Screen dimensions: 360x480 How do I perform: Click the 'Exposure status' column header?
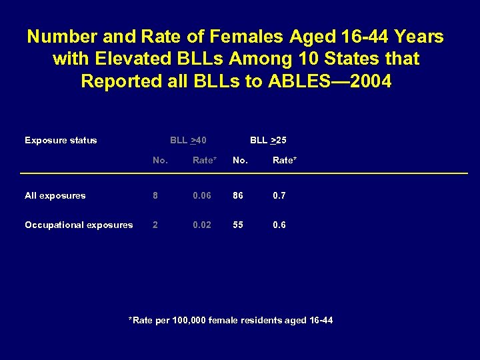point(61,140)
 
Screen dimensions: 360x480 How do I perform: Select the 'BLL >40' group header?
point(188,140)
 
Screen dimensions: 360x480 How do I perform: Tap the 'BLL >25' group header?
point(268,140)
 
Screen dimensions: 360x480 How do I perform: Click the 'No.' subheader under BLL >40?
point(160,160)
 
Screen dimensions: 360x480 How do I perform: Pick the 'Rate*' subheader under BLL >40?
point(205,160)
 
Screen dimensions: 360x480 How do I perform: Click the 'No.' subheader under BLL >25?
point(240,160)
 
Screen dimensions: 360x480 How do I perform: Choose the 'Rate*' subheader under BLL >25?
point(285,160)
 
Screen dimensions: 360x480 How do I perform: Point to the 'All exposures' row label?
point(55,195)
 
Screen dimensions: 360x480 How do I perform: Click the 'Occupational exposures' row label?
point(79,225)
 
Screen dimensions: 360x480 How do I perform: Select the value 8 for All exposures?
point(155,195)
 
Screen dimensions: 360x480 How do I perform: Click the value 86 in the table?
point(238,195)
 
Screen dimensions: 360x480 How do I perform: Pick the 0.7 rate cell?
point(279,195)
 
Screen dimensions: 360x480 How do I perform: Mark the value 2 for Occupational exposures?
point(155,225)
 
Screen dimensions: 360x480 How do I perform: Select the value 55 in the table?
point(238,225)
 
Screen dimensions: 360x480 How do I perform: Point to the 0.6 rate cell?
point(279,225)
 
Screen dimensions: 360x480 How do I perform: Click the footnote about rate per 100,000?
point(230,321)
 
